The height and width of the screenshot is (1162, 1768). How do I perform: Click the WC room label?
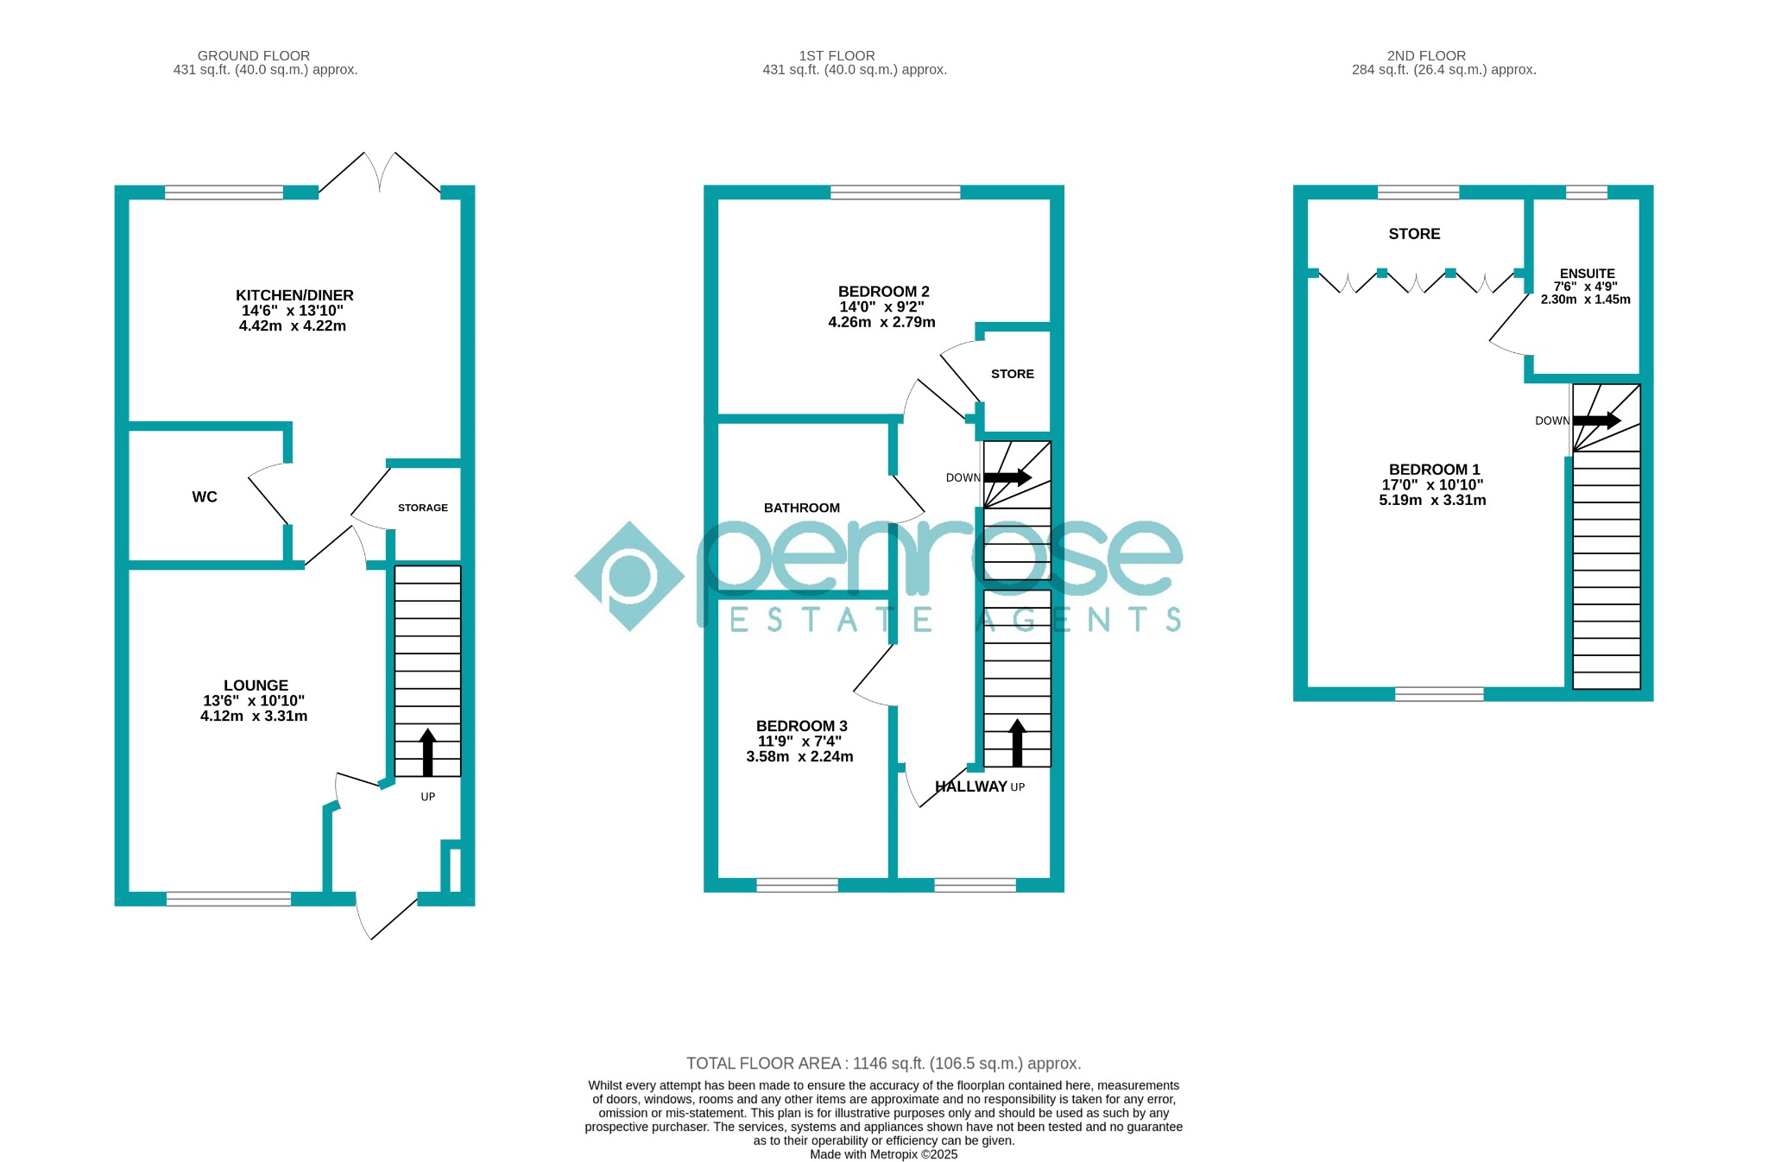tap(205, 497)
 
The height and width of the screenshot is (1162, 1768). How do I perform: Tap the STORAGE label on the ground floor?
tap(423, 508)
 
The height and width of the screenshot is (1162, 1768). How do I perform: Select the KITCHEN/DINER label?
tap(294, 295)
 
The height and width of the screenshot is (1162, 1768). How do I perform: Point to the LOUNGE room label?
tap(256, 685)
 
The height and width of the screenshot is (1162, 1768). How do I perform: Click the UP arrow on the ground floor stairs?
tap(427, 752)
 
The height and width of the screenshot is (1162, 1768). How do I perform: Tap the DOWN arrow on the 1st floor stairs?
tap(1007, 477)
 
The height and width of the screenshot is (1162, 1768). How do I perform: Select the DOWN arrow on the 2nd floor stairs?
tap(1597, 420)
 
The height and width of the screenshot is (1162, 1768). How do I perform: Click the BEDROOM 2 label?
tap(884, 292)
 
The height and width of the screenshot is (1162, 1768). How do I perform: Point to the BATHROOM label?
tap(802, 508)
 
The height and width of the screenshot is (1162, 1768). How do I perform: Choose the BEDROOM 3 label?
tap(802, 726)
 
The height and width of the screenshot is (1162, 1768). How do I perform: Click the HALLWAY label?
tap(971, 786)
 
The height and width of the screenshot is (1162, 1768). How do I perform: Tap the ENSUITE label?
tap(1588, 274)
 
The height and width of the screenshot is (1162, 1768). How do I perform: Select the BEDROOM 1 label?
tap(1435, 470)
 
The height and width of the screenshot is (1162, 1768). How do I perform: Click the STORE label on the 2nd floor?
tap(1414, 234)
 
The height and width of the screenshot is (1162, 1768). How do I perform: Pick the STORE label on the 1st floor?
tap(1013, 374)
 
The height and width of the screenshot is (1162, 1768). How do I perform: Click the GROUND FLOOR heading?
tap(254, 56)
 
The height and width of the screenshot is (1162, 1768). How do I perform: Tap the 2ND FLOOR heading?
tap(1427, 56)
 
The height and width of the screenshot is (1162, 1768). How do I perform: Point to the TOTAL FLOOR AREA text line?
tap(884, 1064)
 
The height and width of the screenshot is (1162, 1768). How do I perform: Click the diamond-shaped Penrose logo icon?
tap(629, 576)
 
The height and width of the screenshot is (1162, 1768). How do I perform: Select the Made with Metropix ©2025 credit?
tap(884, 1154)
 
